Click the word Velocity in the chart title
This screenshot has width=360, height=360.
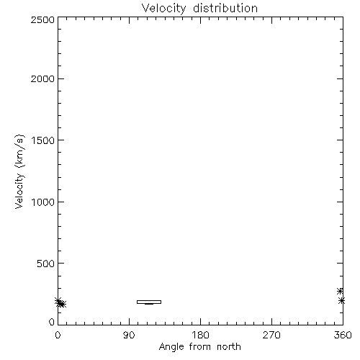click(163, 9)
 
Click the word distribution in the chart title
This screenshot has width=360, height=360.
click(225, 8)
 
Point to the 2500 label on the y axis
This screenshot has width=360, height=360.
click(42, 19)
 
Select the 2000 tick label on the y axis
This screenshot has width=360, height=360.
click(42, 78)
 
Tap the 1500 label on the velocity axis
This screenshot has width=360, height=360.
click(43, 140)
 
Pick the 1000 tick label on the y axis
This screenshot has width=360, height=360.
click(43, 202)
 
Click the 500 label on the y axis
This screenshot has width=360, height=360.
click(46, 264)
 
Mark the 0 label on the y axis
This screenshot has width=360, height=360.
click(52, 322)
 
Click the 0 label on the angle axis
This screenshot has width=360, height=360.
click(58, 335)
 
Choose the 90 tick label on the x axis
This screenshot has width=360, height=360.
click(129, 335)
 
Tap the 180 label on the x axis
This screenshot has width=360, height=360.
click(200, 335)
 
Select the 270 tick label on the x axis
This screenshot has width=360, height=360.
click(271, 335)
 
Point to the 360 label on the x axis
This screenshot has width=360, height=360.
click(343, 335)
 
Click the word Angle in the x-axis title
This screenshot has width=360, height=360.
click(171, 347)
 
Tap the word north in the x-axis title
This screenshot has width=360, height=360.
click(229, 347)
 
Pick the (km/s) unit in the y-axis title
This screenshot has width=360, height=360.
click(19, 151)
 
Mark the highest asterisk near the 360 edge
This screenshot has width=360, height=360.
click(340, 291)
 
